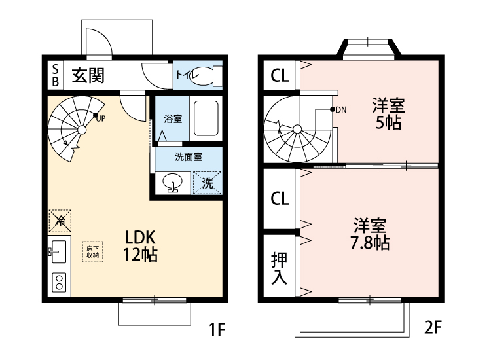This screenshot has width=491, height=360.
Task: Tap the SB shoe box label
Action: click(55, 76)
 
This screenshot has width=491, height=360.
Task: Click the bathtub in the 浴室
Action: click(206, 118)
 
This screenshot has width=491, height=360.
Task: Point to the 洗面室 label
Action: click(188, 157)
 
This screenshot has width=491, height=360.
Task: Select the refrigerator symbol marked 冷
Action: click(60, 221)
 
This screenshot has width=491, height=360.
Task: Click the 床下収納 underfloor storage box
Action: click(91, 251)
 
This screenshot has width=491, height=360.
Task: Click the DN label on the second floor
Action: click(340, 109)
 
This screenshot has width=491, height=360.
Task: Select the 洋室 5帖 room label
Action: click(388, 113)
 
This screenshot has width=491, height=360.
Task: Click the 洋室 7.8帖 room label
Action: click(371, 234)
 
